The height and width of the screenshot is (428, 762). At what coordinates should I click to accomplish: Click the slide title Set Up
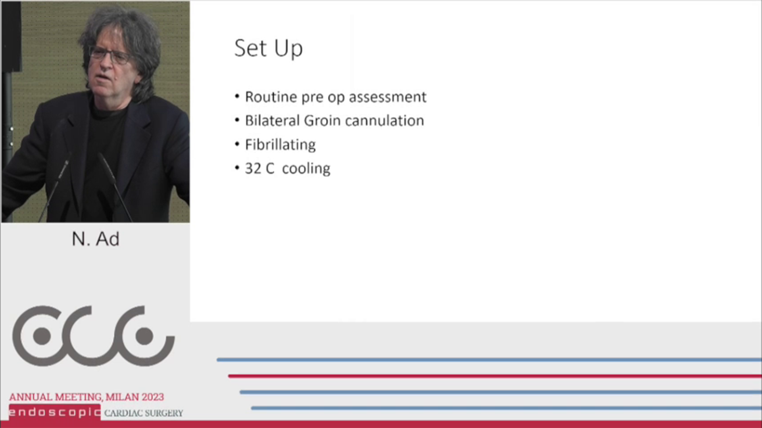tap(268, 48)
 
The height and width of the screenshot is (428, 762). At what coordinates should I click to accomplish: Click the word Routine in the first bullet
tap(271, 97)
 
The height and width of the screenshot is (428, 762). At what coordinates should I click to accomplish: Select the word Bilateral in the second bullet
tap(272, 120)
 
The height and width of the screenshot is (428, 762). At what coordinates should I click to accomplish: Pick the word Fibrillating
tap(280, 145)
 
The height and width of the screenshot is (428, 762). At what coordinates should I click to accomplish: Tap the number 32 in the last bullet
tap(253, 168)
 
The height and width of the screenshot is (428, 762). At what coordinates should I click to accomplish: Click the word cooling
tap(306, 169)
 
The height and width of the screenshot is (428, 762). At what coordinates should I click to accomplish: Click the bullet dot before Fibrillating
tap(237, 144)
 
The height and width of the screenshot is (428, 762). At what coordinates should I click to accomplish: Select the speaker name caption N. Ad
tap(96, 239)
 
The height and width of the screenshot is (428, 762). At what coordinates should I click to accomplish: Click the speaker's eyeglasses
tap(110, 55)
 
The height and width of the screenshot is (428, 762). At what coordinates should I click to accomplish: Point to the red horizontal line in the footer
tap(495, 376)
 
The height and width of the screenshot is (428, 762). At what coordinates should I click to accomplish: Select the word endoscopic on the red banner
tap(55, 413)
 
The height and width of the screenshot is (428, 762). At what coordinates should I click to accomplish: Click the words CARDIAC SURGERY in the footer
tap(144, 413)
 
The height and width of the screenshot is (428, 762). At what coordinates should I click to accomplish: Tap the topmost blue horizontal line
tap(489, 360)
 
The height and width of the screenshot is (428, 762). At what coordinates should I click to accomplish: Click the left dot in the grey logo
tap(42, 336)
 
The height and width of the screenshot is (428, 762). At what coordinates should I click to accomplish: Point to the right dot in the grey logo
tap(144, 336)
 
